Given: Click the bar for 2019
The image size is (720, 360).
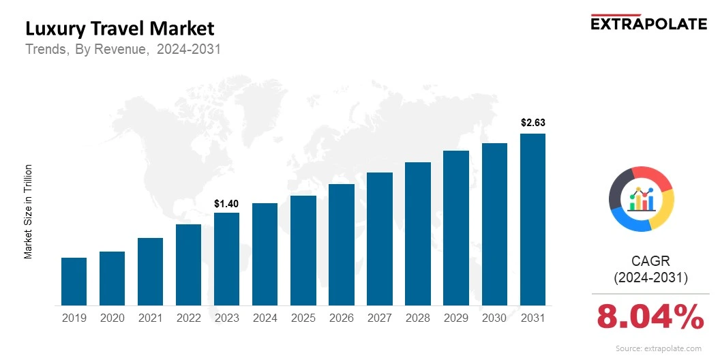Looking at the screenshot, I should tap(74, 282).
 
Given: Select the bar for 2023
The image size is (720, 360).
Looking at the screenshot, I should tap(226, 259).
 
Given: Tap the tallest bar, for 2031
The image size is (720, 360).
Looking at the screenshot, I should tap(532, 220).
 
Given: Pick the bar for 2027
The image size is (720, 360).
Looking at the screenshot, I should tap(380, 239).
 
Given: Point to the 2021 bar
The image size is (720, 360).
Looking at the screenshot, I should tap(150, 271).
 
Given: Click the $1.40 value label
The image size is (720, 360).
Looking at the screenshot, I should tap(226, 204).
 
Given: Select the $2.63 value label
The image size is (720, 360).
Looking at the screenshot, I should tap(532, 123).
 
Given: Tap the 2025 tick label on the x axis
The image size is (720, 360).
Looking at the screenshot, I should tap(303, 318).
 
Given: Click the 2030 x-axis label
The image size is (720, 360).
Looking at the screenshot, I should tap(494, 318).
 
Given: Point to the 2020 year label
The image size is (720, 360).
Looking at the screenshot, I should tap(112, 318).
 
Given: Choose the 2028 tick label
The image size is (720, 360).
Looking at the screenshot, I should tap(418, 318).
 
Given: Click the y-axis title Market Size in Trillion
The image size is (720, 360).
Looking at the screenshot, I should tap(29, 211).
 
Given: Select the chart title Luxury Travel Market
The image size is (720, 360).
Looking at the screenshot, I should tap(119, 29).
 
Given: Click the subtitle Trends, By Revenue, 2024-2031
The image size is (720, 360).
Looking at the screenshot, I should tap(123, 50).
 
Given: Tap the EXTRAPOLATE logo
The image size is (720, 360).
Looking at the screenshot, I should tap(648, 22).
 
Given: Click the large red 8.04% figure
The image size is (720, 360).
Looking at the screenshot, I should tap(650, 317).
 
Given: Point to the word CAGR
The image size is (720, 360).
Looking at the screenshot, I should tap(650, 261).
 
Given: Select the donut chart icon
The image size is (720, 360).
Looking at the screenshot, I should tap(641, 198).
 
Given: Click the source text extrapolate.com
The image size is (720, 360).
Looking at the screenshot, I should tap(658, 348).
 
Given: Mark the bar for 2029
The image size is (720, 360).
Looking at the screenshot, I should tap(456, 228).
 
